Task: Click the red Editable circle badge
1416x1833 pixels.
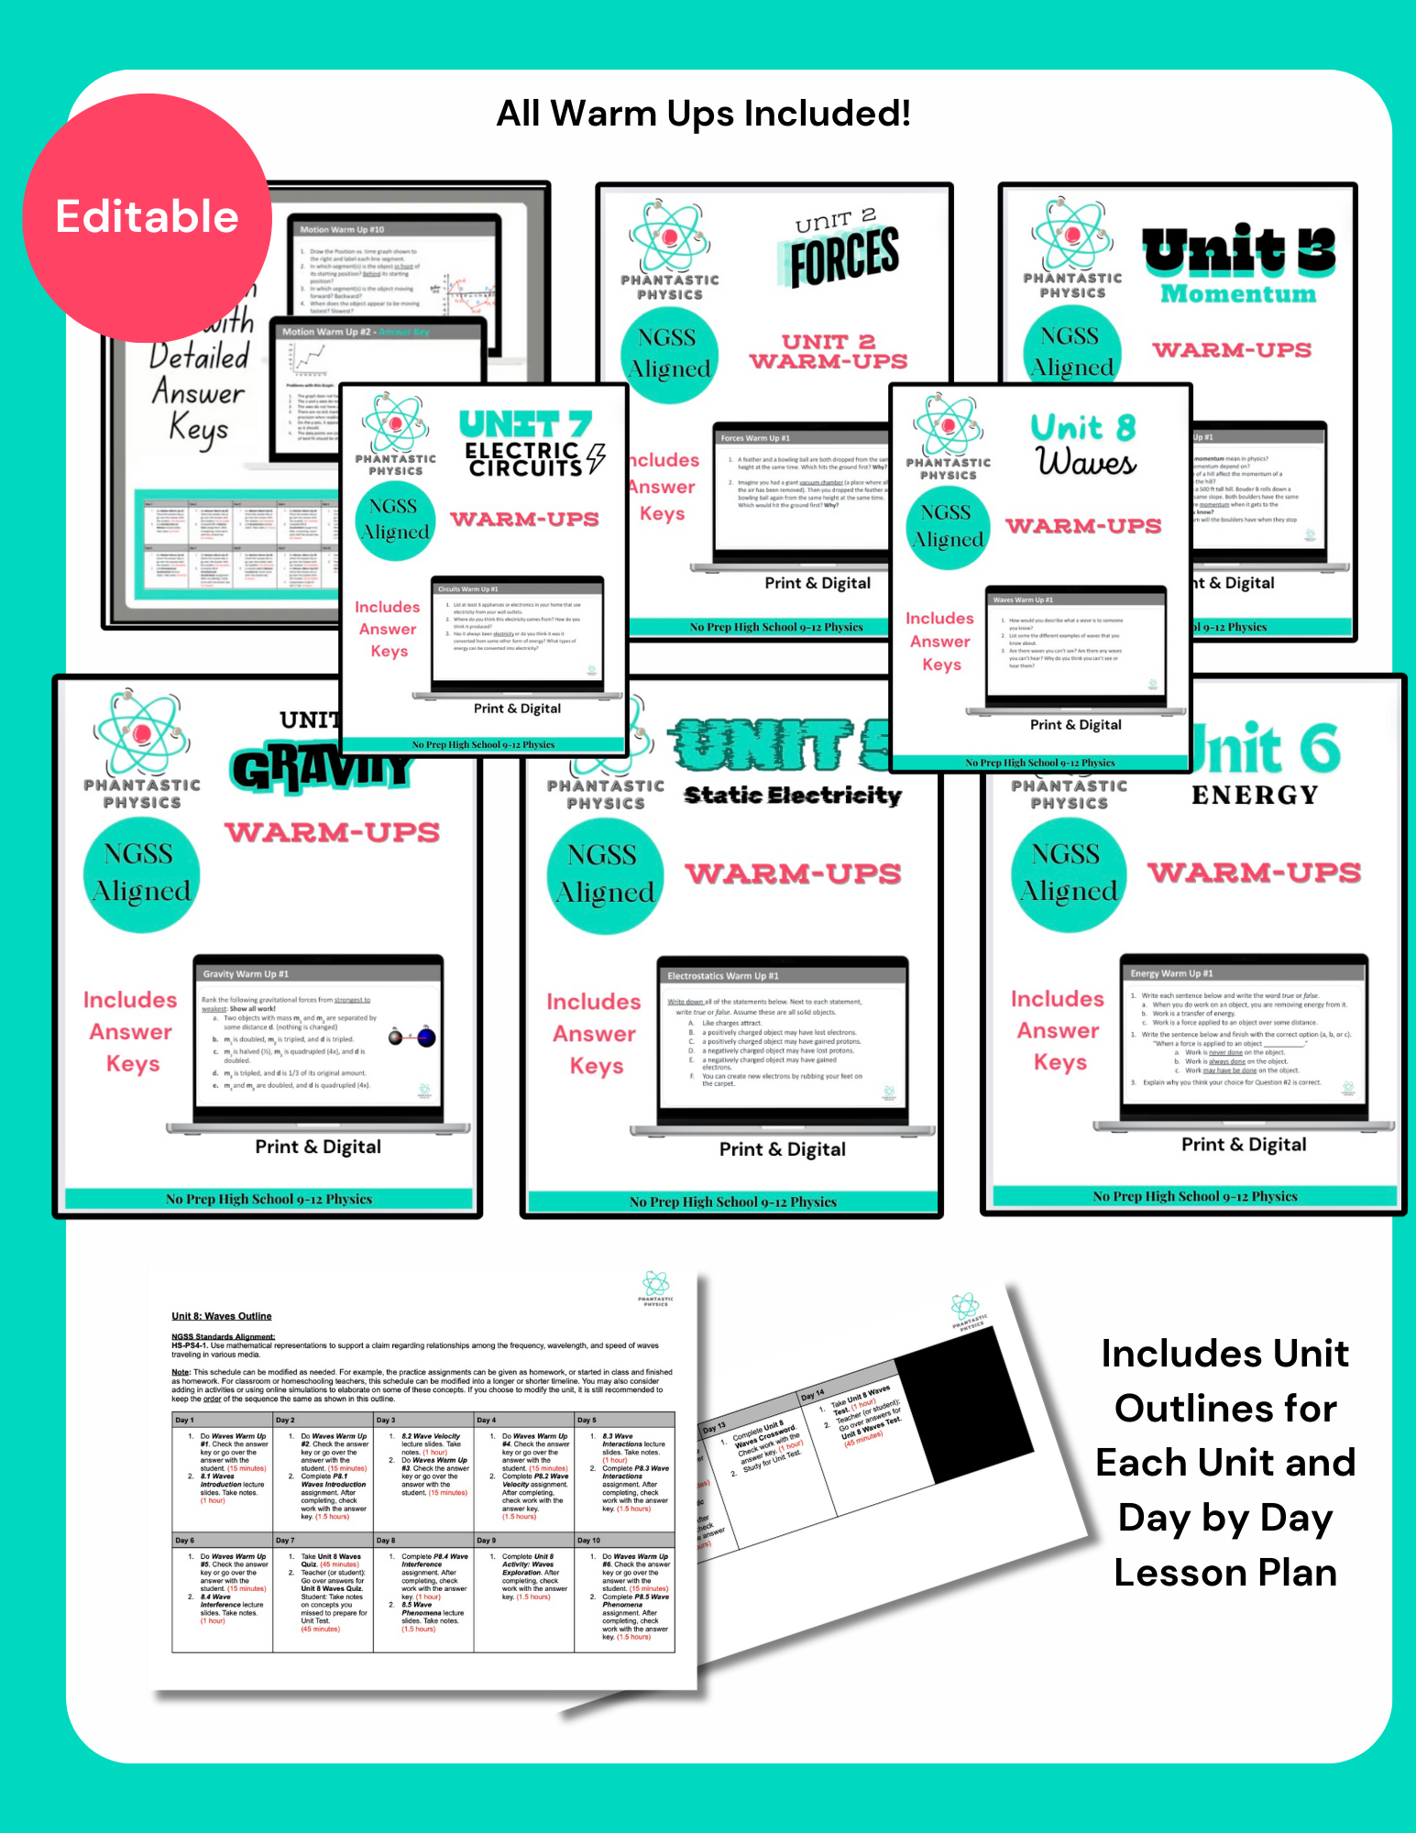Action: click(147, 218)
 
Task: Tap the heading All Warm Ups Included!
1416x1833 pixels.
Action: click(703, 114)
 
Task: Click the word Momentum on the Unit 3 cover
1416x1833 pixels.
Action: click(1237, 294)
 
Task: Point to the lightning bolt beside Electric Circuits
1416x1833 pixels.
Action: click(596, 457)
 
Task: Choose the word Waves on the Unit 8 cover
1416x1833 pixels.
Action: click(1086, 461)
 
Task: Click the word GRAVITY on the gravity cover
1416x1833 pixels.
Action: click(321, 768)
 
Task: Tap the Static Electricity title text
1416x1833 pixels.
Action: click(793, 795)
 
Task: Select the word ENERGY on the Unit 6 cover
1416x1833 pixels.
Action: click(1254, 795)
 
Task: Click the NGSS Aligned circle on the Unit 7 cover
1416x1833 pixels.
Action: click(394, 520)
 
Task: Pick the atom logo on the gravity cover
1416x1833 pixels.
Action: click(141, 734)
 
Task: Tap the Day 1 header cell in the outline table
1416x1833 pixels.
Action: click(222, 1420)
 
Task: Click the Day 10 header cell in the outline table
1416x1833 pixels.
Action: click(624, 1540)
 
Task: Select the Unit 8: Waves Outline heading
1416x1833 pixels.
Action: click(221, 1316)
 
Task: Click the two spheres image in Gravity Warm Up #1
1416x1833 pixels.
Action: click(412, 1037)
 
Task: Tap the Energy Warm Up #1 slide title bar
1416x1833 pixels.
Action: click(1244, 972)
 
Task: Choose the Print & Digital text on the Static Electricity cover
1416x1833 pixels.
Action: click(782, 1149)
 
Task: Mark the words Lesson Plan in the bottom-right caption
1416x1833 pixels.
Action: click(1224, 1573)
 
